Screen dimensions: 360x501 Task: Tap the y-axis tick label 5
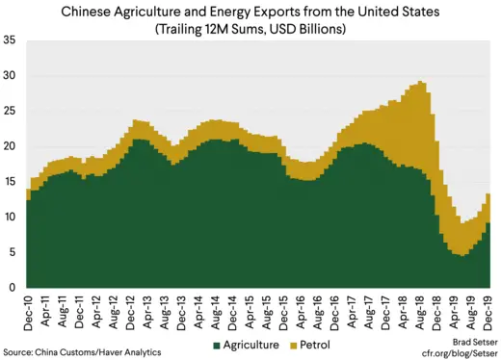(13, 252)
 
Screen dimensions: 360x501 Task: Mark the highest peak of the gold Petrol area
(422, 83)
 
